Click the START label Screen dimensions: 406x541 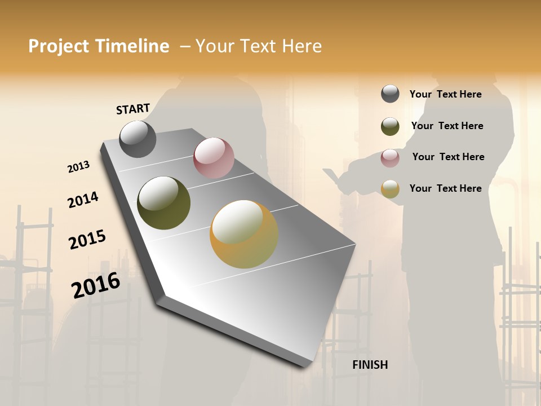click(133, 109)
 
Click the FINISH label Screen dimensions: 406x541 click(370, 365)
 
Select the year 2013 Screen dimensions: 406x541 click(78, 167)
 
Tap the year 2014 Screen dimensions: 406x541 click(83, 200)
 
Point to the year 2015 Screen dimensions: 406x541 click(87, 240)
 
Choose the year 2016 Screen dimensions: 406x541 click(96, 285)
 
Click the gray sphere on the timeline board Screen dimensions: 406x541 click(138, 139)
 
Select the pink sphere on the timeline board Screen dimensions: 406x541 click(214, 158)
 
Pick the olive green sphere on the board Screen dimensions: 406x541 click(163, 203)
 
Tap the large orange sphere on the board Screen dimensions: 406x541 click(244, 234)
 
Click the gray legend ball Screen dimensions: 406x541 click(390, 94)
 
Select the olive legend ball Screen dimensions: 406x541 click(390, 126)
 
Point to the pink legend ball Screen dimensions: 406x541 click(390, 157)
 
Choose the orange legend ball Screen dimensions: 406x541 click(390, 189)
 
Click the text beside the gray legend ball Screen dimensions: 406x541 click(445, 94)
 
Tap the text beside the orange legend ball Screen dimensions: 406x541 click(445, 188)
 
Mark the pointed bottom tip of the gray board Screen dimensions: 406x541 click(307, 365)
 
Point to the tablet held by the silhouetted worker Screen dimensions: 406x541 click(332, 175)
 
